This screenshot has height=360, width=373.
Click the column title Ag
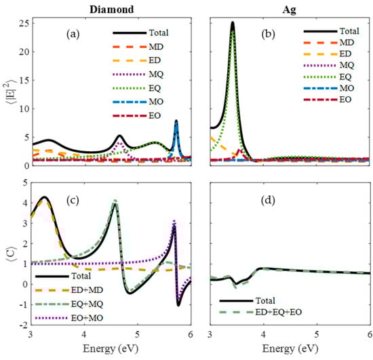[x=290, y=6]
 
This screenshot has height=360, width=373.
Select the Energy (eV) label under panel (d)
[x=290, y=351]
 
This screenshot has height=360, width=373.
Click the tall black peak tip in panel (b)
[x=233, y=22]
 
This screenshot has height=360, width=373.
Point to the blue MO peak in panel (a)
[x=176, y=121]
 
